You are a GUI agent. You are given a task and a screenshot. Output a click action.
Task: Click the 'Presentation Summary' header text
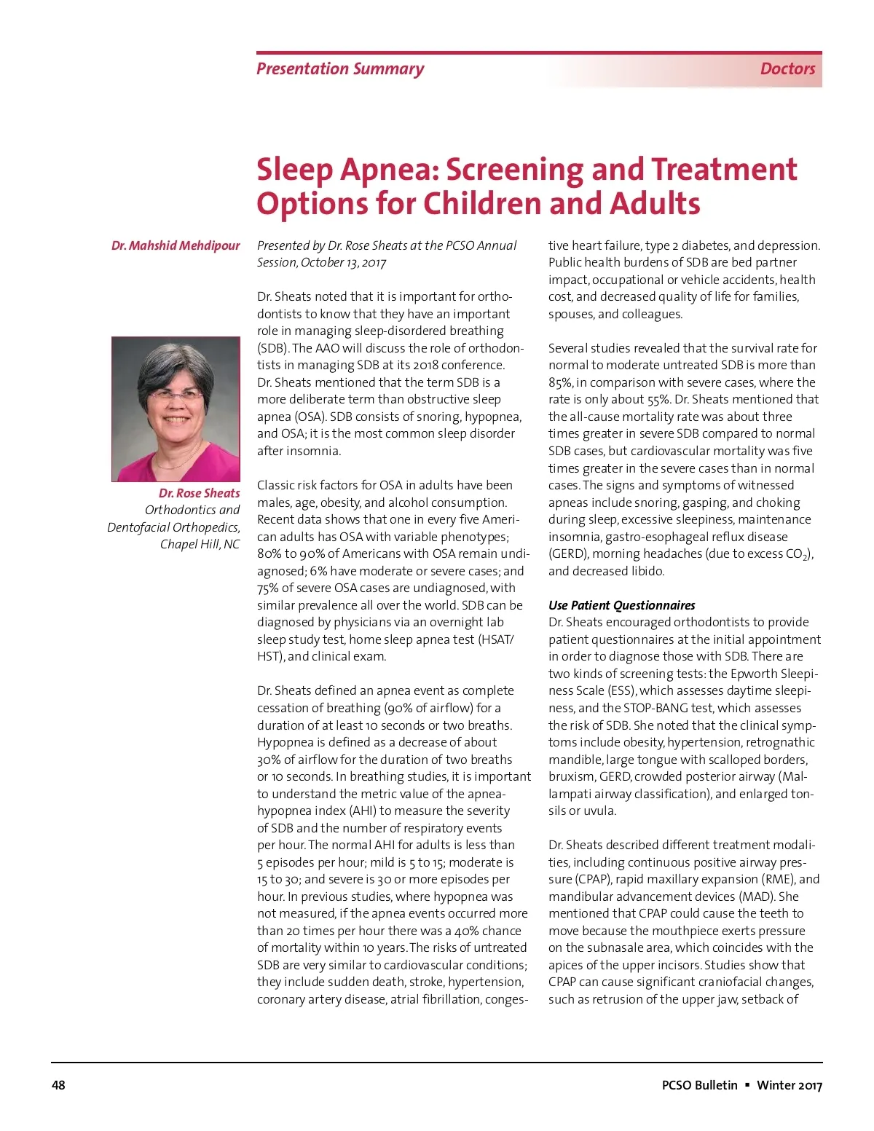[340, 69]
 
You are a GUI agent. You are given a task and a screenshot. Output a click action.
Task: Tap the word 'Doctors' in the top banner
[787, 69]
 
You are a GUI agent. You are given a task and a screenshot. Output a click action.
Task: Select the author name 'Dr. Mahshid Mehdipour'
[176, 245]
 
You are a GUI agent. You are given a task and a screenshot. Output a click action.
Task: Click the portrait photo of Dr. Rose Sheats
[176, 409]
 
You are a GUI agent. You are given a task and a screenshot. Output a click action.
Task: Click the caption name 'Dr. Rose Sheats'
[199, 493]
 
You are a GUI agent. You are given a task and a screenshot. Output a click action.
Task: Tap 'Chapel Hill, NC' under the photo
[200, 544]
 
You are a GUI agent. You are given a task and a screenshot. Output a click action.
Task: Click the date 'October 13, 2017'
[343, 262]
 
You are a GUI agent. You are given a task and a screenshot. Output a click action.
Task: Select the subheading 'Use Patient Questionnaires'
[621, 605]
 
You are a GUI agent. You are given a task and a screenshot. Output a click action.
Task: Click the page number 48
[58, 1085]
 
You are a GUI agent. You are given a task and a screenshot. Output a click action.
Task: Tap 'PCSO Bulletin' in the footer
[699, 1085]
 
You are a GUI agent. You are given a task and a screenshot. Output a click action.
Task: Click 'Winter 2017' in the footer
[790, 1085]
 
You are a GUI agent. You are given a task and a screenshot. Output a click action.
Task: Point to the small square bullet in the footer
[747, 1085]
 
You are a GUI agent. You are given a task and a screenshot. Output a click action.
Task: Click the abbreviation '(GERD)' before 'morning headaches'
[568, 553]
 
